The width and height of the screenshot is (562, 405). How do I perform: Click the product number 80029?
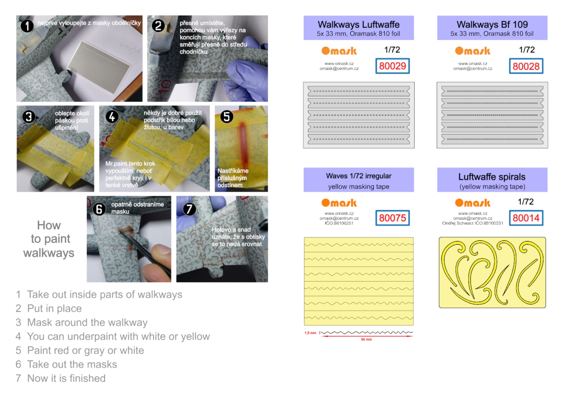coord(392,66)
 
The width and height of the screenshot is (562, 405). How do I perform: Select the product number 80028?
coord(526,66)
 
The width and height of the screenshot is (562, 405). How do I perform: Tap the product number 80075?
coord(392,218)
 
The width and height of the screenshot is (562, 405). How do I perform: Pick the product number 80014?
coord(526,218)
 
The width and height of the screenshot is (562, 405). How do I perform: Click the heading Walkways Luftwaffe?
coord(358,24)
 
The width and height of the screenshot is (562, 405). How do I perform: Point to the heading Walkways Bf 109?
coord(492,24)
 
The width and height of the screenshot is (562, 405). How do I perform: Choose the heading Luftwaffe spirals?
coord(492,177)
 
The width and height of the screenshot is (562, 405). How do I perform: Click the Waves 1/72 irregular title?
coord(358,176)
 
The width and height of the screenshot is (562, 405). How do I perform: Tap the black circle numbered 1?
coord(27,26)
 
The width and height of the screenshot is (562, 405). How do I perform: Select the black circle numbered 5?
coord(227,117)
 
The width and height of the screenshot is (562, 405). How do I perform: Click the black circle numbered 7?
coord(189,209)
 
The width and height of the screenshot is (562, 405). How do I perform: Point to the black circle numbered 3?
coord(29,117)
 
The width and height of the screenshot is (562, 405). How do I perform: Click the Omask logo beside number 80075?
coord(339,203)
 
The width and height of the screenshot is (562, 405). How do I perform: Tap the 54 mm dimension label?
coord(366,340)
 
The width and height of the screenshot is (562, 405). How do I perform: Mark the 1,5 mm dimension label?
coord(310,333)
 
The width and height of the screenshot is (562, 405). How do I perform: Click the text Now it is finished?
coord(66,378)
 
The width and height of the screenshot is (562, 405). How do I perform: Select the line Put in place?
coord(55,308)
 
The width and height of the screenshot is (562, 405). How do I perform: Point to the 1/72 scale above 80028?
coord(527,50)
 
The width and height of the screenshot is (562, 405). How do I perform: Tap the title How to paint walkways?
coord(49,239)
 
